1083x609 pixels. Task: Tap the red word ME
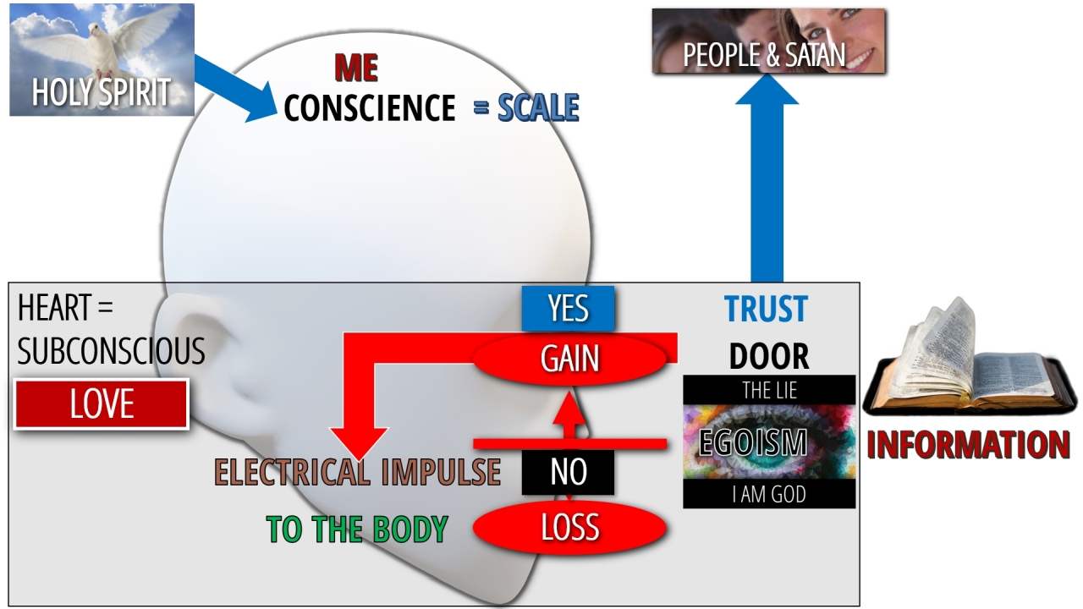pos(356,68)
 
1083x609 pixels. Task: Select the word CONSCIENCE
pos(370,107)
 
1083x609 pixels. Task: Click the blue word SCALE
pos(538,107)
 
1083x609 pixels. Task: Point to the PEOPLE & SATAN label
pos(764,55)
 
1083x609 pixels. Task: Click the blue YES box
pos(568,309)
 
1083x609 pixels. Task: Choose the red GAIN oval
pos(569,359)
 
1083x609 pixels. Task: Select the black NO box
pos(568,472)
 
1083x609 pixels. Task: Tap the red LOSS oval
pos(569,527)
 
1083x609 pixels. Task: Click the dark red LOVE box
pos(102,404)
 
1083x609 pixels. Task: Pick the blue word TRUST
pos(766,309)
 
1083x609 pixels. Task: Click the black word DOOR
pos(769,357)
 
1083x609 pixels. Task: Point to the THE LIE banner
pos(769,390)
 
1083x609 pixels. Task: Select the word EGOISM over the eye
pos(753,442)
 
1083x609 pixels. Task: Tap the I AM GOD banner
pos(769,494)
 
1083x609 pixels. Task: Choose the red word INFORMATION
pos(969,445)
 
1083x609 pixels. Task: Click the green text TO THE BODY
pos(357,529)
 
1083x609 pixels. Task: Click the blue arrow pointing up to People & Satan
pos(767,178)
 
